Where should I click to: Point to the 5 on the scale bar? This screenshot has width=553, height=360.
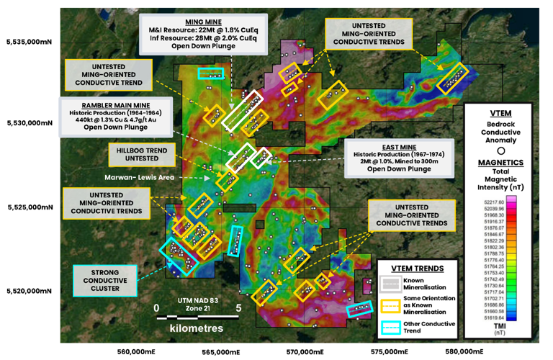238,307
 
